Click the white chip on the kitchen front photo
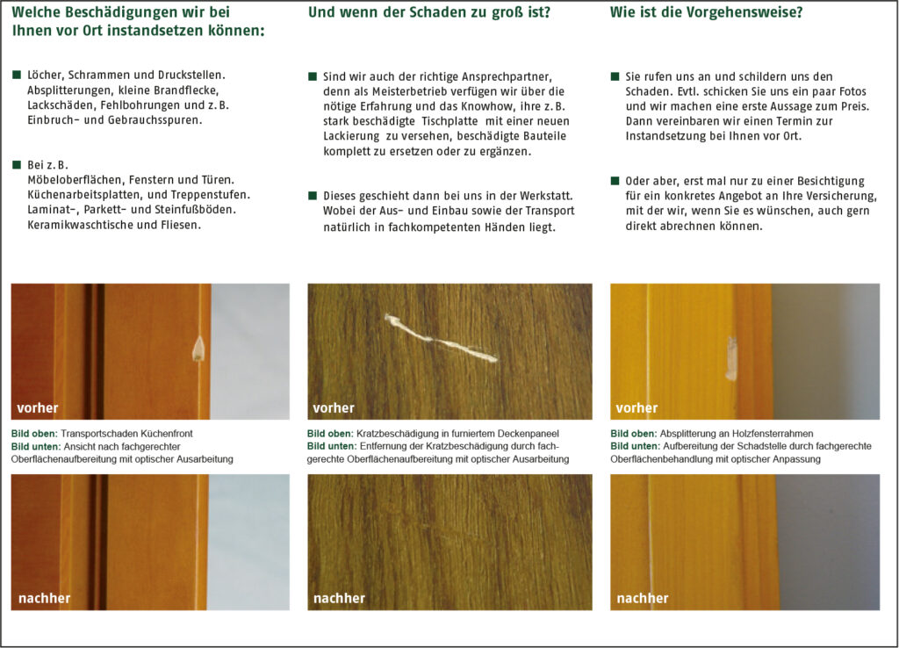coord(198,349)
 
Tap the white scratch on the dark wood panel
coord(441,339)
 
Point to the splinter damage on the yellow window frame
coord(731,358)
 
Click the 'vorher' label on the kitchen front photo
coord(37,407)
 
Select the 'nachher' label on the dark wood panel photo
coord(339,598)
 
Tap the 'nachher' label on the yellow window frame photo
coord(642,598)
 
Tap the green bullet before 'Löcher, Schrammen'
coord(17,75)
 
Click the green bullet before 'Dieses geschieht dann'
coord(313,196)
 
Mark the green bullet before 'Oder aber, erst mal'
coord(615,181)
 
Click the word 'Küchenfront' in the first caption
coord(166,434)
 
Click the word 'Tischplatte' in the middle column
coord(450,121)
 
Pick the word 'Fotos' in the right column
coord(852,91)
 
